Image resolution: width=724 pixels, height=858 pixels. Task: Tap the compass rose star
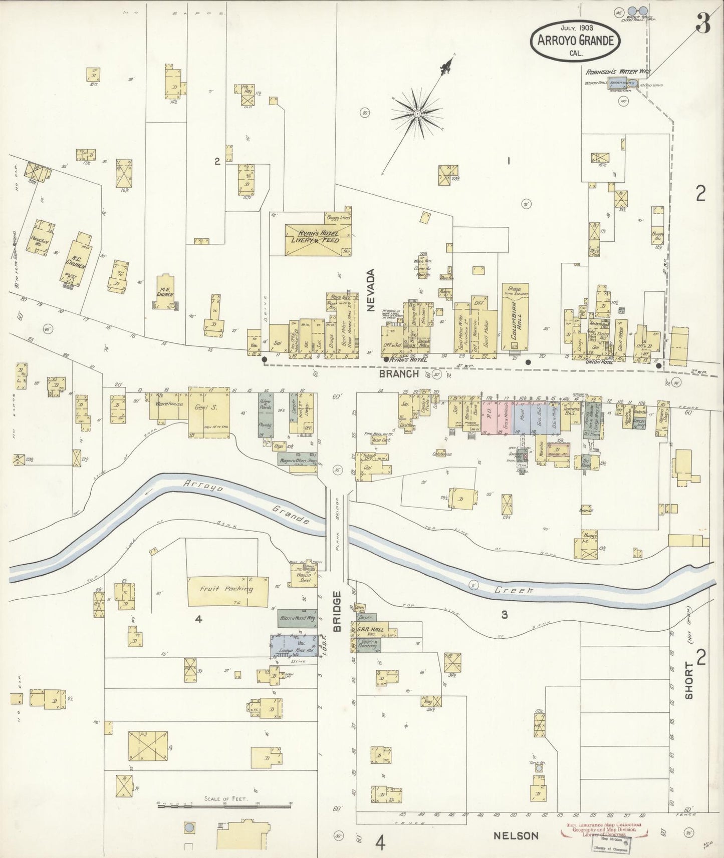click(x=417, y=115)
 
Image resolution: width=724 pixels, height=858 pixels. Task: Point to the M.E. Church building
click(x=165, y=293)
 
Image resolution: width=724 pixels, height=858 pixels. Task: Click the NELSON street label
click(x=516, y=835)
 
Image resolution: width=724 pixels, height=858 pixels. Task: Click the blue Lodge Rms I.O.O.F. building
click(x=294, y=646)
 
